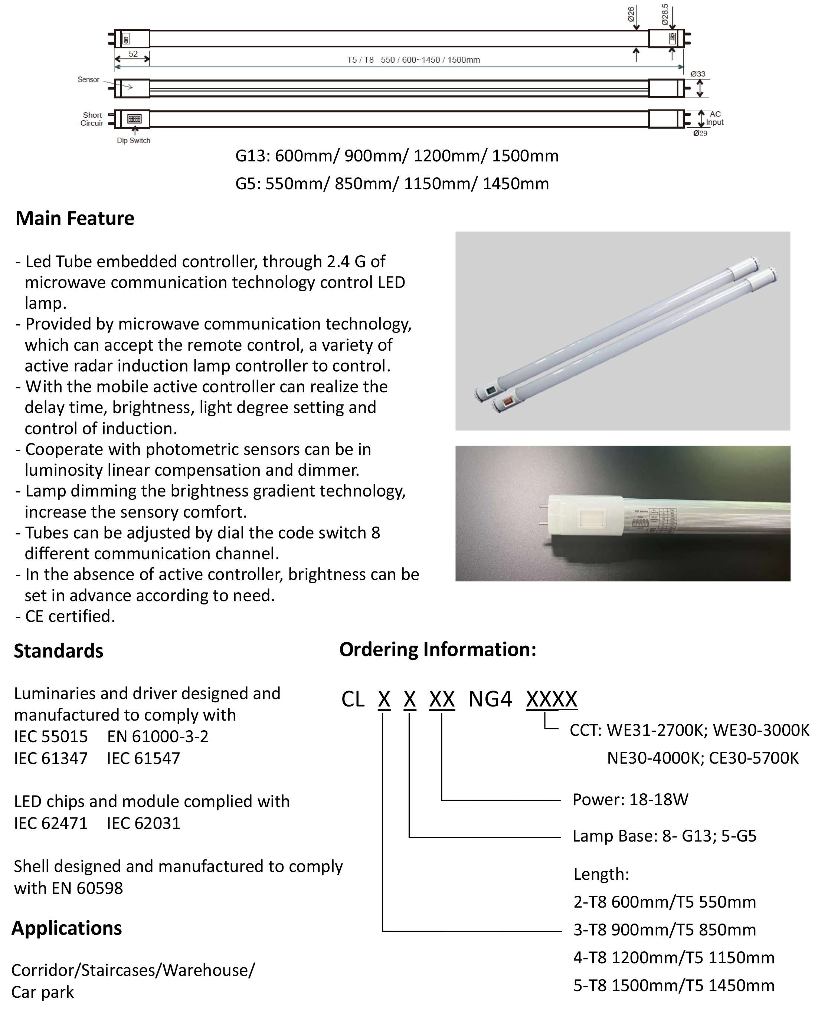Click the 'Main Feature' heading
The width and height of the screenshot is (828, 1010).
[x=75, y=219]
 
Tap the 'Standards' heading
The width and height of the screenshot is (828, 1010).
[x=58, y=650]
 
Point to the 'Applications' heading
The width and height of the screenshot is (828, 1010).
[x=67, y=928]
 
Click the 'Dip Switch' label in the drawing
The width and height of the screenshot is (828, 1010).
[x=134, y=141]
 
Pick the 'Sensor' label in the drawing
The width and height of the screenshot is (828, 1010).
[x=88, y=80]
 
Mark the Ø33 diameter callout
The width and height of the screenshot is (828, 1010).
[x=698, y=74]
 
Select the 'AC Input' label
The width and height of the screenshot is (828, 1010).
[x=714, y=118]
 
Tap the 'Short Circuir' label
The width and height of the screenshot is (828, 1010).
[x=92, y=119]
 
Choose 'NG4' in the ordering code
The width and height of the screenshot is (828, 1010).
[x=490, y=699]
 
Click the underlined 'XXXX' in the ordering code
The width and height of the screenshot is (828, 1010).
[x=552, y=699]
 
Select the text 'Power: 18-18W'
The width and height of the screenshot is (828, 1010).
[x=630, y=800]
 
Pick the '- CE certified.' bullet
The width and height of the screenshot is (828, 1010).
[x=65, y=616]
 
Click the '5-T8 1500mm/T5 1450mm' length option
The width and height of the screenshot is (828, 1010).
[x=674, y=985]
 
